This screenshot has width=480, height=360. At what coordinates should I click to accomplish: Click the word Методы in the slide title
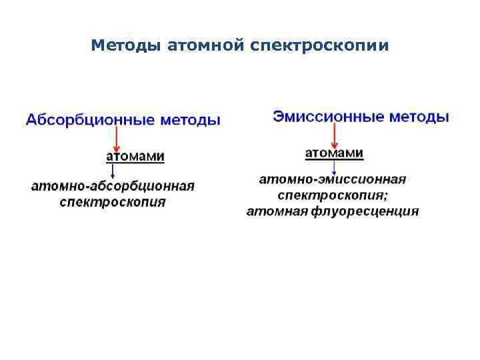click(x=125, y=46)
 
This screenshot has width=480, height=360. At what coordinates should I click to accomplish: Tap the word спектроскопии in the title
click(x=320, y=46)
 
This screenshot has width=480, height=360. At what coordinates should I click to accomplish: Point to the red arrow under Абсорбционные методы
click(x=117, y=139)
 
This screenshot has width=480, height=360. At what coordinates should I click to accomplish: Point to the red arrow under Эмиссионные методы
click(x=333, y=137)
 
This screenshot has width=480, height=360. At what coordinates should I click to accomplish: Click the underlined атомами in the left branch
click(x=135, y=157)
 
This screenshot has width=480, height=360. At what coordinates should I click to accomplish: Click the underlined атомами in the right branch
click(x=334, y=154)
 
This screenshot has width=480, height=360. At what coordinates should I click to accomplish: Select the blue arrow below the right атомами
click(x=333, y=168)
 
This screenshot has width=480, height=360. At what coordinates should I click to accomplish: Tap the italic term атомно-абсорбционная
click(x=113, y=186)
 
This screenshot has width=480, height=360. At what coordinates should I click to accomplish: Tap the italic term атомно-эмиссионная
click(x=333, y=180)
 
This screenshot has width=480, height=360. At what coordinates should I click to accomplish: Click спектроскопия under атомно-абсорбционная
click(x=113, y=201)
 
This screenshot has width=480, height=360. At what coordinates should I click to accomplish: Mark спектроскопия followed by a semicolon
click(x=331, y=196)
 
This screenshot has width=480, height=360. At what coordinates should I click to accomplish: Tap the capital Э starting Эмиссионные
click(x=277, y=117)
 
